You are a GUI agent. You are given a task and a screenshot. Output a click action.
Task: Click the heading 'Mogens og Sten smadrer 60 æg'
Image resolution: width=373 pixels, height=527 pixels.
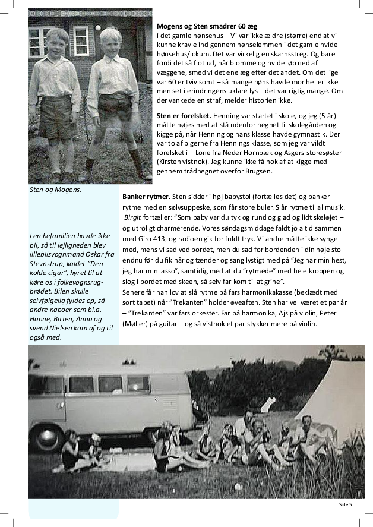pos(207,27)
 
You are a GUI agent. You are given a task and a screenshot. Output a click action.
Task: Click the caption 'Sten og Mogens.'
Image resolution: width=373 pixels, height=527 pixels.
pos(55,190)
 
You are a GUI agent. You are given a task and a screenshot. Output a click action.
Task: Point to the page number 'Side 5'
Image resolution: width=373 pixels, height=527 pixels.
pos(345,504)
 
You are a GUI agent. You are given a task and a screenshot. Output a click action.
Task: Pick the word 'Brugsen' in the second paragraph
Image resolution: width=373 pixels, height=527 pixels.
pos(256,172)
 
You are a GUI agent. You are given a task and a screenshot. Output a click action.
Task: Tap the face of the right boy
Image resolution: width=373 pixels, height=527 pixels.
pos(110,43)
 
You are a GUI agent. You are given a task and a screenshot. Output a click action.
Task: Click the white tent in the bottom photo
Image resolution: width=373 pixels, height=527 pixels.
pos(336,392)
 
